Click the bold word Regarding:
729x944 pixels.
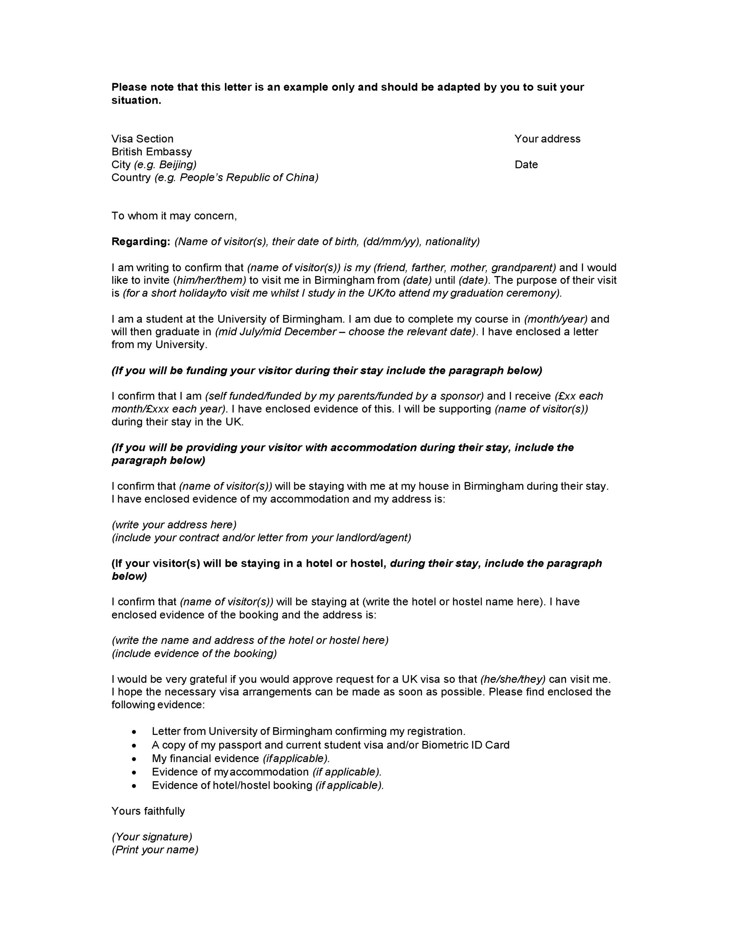point(141,241)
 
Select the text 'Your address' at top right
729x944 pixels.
point(547,139)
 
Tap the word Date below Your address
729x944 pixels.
point(526,165)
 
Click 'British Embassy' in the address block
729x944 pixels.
point(152,152)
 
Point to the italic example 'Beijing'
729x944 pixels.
point(177,165)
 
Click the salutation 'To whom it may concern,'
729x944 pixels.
point(174,216)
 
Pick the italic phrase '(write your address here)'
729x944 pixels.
point(174,525)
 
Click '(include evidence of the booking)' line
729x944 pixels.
point(194,653)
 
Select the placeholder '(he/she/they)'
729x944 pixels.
point(513,679)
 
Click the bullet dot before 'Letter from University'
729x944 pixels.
point(135,732)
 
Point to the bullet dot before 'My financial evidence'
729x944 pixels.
point(135,759)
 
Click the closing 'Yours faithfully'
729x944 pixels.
point(148,811)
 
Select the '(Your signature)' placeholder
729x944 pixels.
point(152,837)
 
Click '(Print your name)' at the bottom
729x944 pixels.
point(155,850)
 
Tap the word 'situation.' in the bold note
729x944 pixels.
point(136,100)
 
